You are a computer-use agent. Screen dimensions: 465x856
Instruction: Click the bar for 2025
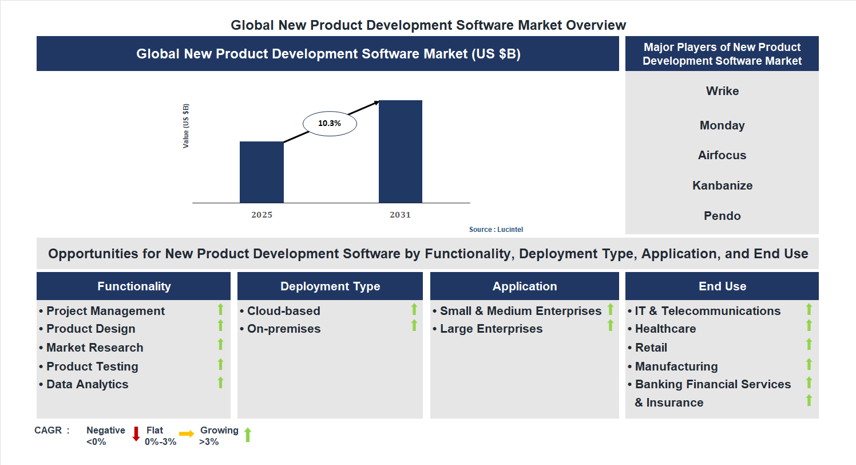261,172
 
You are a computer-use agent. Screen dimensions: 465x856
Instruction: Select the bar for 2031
401,152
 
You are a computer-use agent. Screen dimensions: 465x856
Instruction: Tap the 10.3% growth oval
329,123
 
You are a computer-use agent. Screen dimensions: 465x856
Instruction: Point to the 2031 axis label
401,215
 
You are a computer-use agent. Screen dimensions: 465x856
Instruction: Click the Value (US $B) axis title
186,126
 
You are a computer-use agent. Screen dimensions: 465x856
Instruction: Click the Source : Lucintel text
496,230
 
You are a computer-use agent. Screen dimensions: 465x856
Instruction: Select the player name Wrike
722,91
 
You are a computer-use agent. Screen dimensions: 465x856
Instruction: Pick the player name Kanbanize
722,186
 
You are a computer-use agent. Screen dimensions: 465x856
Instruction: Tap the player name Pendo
722,216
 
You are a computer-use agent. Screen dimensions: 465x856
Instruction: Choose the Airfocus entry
722,155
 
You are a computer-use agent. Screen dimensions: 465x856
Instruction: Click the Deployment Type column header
330,286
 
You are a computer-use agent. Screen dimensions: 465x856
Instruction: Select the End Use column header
722,286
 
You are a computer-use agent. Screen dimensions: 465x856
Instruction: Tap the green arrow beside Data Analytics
220,383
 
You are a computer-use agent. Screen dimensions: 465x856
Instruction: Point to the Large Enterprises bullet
491,329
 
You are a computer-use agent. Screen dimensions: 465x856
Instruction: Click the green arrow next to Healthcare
809,326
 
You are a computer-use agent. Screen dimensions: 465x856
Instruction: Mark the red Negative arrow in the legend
136,434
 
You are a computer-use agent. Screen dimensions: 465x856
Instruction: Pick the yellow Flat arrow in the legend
187,434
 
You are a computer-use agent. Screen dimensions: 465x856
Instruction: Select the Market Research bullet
94,348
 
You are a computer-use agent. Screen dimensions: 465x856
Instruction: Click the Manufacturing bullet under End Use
676,367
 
